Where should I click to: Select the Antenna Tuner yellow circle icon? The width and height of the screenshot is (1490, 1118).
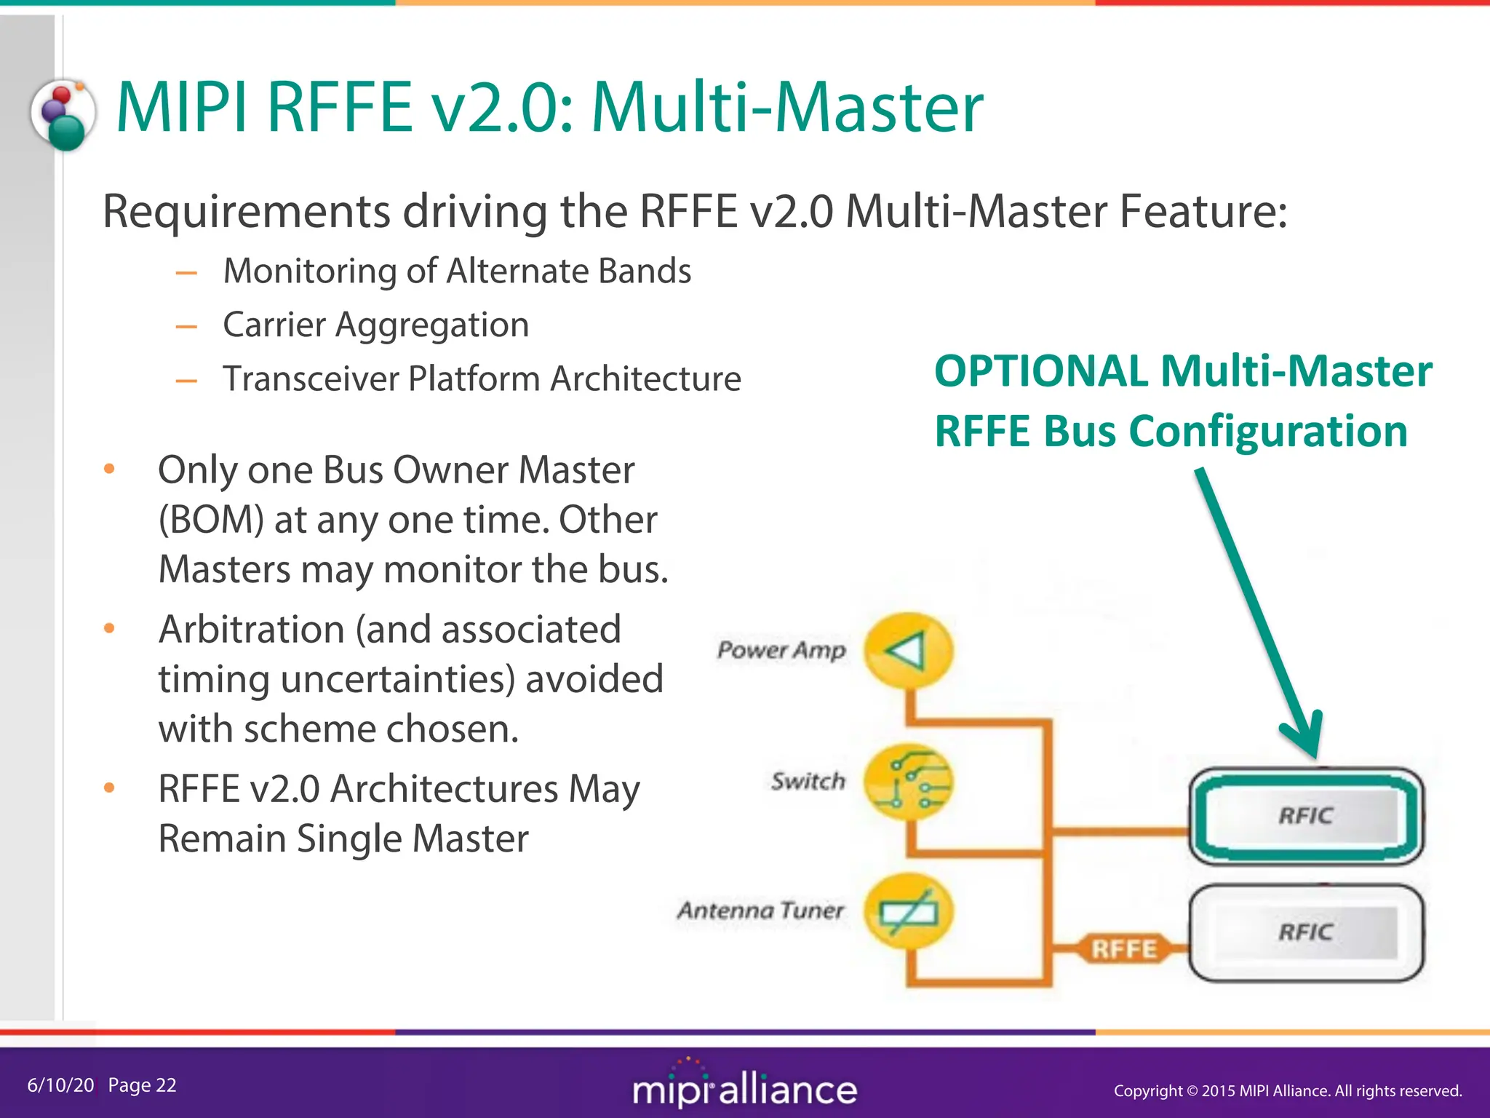point(908,912)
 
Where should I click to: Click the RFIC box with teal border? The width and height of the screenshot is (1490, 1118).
point(1306,815)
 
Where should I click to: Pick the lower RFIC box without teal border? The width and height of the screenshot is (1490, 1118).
point(1306,932)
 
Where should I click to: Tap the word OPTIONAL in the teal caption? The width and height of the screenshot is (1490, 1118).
point(1040,371)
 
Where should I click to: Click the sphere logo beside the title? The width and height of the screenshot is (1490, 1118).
point(64,115)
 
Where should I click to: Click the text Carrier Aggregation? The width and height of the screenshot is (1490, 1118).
point(375,325)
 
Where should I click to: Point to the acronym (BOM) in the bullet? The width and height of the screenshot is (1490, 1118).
point(211,520)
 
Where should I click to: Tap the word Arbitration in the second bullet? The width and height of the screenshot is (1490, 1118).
point(251,629)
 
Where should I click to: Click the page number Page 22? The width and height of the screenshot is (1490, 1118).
point(142,1085)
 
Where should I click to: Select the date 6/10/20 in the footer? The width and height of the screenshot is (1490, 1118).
point(60,1085)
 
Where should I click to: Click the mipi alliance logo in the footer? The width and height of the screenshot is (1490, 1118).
point(744,1087)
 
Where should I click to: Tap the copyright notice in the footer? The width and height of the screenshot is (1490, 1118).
point(1287,1090)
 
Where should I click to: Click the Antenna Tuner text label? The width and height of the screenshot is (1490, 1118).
point(760,911)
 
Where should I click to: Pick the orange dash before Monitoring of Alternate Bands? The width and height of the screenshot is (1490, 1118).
point(186,273)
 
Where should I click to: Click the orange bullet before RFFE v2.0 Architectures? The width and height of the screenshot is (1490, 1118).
point(109,788)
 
